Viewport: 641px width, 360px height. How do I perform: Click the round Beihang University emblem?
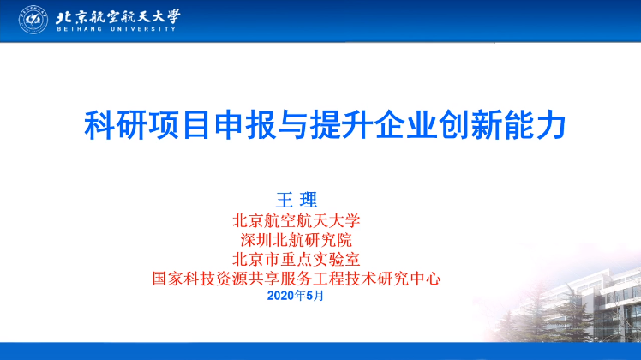click(33, 20)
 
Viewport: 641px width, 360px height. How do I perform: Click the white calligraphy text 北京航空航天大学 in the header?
click(117, 17)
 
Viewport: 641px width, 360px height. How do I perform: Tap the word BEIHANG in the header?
click(80, 29)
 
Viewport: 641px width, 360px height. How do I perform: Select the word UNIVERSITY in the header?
click(143, 29)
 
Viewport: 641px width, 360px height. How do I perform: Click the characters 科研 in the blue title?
click(116, 125)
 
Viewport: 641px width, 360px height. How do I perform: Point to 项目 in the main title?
click(180, 125)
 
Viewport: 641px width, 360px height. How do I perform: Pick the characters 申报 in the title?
click(244, 125)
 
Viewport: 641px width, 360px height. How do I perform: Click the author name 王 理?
click(297, 200)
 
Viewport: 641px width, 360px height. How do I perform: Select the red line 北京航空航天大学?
click(296, 221)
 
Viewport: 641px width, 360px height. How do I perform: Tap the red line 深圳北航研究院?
click(296, 240)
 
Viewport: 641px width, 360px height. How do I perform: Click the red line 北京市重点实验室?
click(296, 260)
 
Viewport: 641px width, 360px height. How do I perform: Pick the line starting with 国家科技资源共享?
click(297, 279)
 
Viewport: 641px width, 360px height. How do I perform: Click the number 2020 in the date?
click(280, 296)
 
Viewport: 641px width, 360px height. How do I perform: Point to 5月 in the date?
click(315, 296)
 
